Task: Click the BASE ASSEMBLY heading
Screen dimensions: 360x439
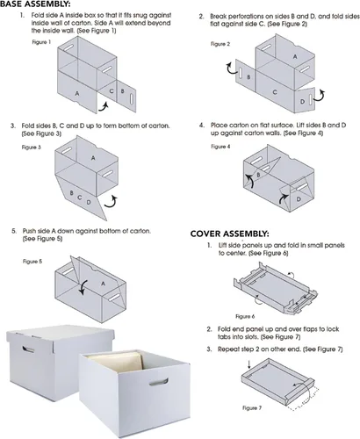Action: (35, 4)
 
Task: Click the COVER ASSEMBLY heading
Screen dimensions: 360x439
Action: (229, 234)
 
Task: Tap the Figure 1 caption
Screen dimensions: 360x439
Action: (41, 42)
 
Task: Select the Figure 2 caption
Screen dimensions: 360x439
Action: (220, 44)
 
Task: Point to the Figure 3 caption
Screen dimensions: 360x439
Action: (31, 148)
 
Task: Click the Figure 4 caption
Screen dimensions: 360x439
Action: (220, 147)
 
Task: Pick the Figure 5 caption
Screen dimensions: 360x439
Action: (32, 262)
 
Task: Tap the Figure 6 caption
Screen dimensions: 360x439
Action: (245, 316)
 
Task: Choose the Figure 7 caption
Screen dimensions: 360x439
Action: (252, 407)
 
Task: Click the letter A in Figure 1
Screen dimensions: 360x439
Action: (77, 94)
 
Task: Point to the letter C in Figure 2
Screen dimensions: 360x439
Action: (275, 92)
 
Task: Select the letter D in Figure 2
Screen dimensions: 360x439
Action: (302, 102)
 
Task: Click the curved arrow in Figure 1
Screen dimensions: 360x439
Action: (104, 107)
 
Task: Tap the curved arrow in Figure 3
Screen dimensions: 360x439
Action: (112, 202)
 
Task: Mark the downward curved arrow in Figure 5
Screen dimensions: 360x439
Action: (83, 288)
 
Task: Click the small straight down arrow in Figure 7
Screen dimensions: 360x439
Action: (249, 364)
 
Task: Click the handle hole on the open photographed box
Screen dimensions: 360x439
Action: (158, 382)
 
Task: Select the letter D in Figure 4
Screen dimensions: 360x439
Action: (299, 199)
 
